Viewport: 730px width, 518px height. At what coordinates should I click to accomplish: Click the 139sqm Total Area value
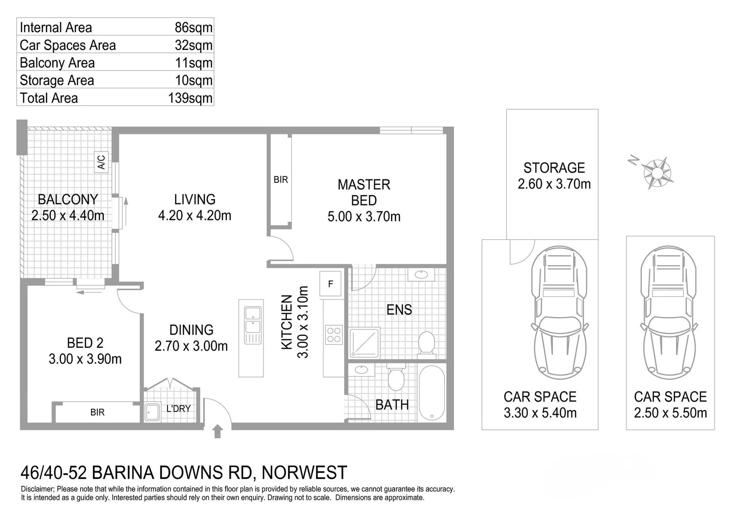pyautogui.click(x=190, y=98)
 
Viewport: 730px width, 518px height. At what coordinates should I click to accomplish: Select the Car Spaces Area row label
pyautogui.click(x=68, y=46)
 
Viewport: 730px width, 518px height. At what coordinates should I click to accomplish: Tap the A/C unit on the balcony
pyautogui.click(x=101, y=162)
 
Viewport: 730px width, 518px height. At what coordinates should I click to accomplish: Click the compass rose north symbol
pyautogui.click(x=657, y=171)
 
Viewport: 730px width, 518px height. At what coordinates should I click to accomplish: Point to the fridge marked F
pyautogui.click(x=331, y=284)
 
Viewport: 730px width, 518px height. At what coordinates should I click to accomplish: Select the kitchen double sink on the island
pyautogui.click(x=252, y=325)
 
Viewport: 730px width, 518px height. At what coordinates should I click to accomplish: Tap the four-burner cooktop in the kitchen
pyautogui.click(x=334, y=335)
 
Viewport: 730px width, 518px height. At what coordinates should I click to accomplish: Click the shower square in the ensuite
pyautogui.click(x=365, y=342)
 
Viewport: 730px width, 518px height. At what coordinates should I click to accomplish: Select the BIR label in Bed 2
pyautogui.click(x=97, y=412)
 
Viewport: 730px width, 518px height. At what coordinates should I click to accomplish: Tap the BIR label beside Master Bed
pyautogui.click(x=281, y=180)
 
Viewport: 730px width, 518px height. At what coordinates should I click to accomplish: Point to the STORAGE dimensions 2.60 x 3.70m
pyautogui.click(x=554, y=184)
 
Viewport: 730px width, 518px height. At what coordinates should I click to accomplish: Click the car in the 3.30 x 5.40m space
pyautogui.click(x=559, y=312)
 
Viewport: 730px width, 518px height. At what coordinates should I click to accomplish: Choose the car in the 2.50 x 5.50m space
pyautogui.click(x=669, y=312)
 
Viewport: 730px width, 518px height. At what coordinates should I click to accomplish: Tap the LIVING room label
pyautogui.click(x=194, y=200)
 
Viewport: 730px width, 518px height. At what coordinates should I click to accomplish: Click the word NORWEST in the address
pyautogui.click(x=305, y=472)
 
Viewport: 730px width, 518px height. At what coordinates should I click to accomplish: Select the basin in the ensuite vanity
pyautogui.click(x=421, y=275)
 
